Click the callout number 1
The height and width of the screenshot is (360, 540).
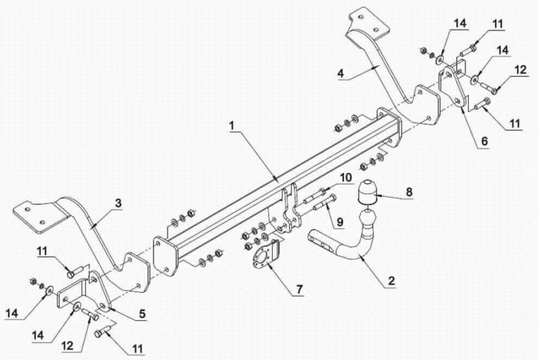[232, 126]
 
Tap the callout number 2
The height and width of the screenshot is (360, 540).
[391, 281]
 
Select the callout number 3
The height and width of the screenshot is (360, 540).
[118, 203]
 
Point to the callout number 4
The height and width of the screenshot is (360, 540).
[341, 73]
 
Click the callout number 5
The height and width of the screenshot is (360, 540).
[142, 313]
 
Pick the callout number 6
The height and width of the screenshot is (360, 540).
[485, 141]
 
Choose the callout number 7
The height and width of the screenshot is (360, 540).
[299, 289]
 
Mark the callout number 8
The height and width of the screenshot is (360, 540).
[409, 192]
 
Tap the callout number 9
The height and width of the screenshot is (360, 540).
[340, 222]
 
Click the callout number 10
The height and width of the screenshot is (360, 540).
[346, 177]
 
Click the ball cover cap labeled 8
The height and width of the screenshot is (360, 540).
[366, 192]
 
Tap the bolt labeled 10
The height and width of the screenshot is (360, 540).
[314, 195]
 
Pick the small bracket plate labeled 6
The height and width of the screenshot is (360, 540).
[453, 86]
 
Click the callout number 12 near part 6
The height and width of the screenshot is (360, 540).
[520, 70]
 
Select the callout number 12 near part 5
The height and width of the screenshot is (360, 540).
[68, 346]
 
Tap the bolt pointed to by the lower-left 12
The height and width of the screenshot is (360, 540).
[89, 314]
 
